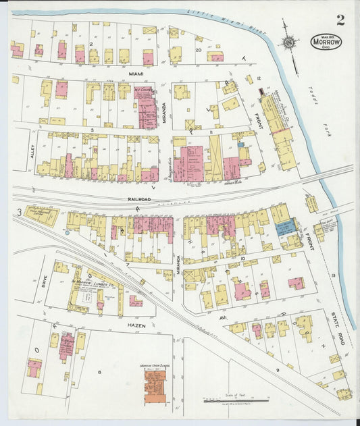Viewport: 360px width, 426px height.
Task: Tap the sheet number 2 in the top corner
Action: [x=340, y=20]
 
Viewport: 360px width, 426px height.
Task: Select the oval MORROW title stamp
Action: [x=327, y=41]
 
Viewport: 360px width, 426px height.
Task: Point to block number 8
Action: [x=99, y=372]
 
